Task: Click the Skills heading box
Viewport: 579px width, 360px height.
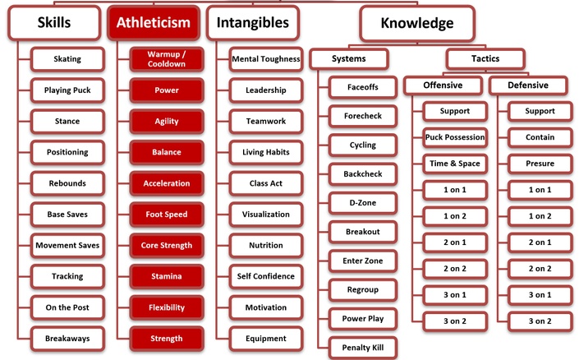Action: point(54,22)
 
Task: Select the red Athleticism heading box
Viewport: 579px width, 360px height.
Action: point(154,22)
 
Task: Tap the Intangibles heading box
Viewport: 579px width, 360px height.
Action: point(253,22)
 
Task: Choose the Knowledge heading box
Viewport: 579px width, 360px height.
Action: point(417,23)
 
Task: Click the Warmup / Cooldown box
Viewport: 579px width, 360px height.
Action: point(167,59)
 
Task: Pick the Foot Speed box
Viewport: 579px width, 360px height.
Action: point(167,215)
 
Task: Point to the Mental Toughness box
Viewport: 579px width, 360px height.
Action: point(266,59)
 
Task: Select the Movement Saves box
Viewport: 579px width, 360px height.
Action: point(67,246)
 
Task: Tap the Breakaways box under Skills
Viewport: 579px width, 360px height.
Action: point(67,339)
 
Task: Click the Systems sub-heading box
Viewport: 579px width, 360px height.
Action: point(349,59)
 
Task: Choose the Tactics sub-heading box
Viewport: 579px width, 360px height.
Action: point(485,59)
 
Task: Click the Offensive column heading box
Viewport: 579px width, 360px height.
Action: point(443,85)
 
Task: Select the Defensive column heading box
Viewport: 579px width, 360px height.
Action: point(528,85)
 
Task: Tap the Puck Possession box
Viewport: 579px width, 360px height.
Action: point(455,137)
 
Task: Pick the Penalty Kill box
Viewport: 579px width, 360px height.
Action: point(363,348)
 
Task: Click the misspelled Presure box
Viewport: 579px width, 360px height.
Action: point(540,164)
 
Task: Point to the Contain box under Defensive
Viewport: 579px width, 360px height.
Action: point(540,137)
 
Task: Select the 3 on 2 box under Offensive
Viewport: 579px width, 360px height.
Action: point(455,321)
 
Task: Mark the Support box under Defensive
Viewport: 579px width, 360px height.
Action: point(540,111)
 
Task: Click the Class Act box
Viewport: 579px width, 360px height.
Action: point(266,183)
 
